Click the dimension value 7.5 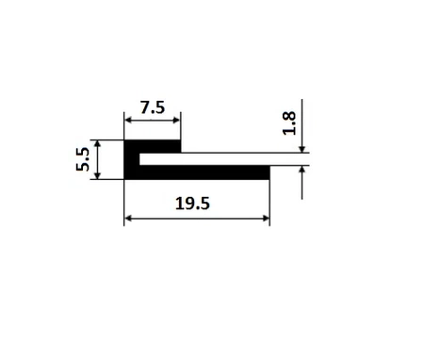click(153, 107)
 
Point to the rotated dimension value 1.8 click(288, 123)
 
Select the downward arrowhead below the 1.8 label click(302, 150)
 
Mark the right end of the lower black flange click(267, 172)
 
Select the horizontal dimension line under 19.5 click(197, 220)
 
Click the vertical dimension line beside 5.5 click(99, 160)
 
